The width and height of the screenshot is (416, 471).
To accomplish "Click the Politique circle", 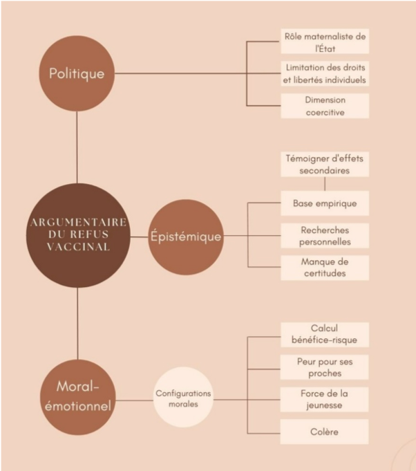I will tap(77, 73).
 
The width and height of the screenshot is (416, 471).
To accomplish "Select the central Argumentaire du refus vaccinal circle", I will tap(78, 235).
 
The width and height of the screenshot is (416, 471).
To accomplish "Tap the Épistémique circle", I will tap(186, 237).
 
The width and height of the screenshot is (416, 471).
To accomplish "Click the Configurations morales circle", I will tap(183, 398).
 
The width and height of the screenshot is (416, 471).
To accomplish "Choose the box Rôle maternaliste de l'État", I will tap(324, 41).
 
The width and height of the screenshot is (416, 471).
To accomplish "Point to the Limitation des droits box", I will tap(324, 73).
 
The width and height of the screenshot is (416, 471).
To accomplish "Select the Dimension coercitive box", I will tap(324, 105).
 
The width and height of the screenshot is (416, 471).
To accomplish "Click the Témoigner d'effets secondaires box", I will tap(324, 164).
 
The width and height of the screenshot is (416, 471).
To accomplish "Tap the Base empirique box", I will tap(324, 203).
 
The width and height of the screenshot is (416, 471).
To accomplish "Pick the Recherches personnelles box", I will tap(324, 235).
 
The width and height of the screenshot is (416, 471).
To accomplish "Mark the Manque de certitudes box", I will tap(324, 267).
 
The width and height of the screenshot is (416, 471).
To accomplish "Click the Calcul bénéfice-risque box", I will tap(324, 334).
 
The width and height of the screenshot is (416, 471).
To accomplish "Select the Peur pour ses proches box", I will tap(324, 367).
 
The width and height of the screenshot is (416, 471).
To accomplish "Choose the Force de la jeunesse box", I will tap(324, 399).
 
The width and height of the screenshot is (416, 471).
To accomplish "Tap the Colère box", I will tap(324, 432).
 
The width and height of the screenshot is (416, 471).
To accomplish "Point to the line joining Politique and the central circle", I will tap(77, 145).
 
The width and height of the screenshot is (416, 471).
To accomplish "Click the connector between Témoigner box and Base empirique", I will tap(324, 184).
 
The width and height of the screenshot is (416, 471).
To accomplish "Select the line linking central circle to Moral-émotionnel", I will tap(77, 322).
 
